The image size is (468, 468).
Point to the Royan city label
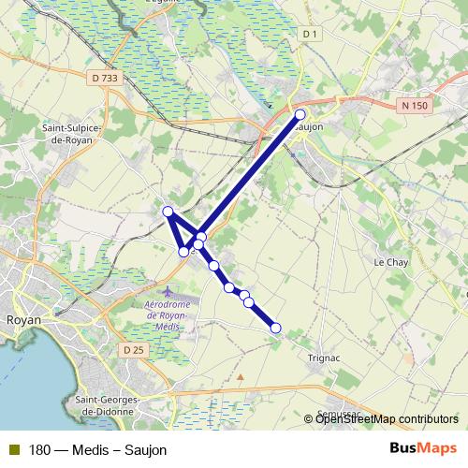pos(21,318)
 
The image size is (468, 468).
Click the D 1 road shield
pos(311,35)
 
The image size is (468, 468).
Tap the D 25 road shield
pos(134,349)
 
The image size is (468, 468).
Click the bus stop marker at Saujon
pos(300,114)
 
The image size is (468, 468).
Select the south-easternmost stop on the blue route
pos(275,328)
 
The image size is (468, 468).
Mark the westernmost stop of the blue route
pos(168,211)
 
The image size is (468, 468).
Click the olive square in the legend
pos(15,449)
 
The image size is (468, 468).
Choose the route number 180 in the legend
pos(39,450)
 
